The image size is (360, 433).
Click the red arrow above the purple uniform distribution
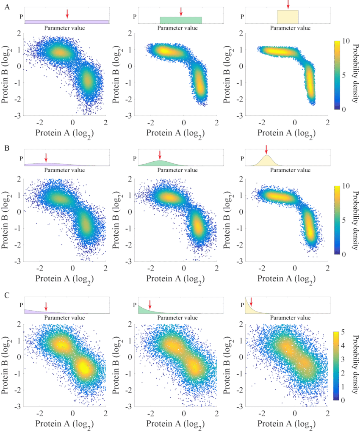(x=67, y=13)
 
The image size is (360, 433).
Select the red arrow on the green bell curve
(x=160, y=154)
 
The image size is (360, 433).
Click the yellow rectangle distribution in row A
(x=288, y=17)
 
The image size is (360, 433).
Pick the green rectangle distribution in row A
(x=181, y=20)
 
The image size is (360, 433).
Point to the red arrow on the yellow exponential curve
(x=251, y=302)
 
